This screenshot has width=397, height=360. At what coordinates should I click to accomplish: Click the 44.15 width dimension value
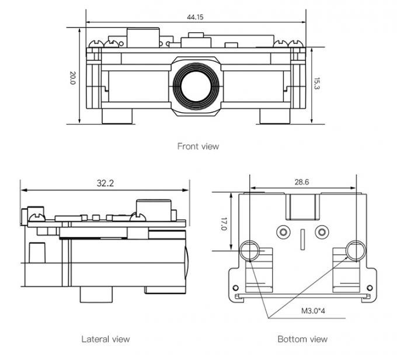coord(195,17)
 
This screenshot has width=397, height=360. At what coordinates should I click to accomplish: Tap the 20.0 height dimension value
coord(73,78)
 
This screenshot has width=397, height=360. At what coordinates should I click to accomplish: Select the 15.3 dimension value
coord(317,84)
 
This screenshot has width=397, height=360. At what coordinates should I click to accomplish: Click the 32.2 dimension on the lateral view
coord(105,183)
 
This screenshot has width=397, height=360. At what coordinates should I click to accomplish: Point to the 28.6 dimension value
coord(302,182)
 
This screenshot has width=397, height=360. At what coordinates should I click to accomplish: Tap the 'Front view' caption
coord(198,146)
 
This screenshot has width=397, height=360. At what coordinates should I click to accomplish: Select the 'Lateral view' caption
coord(105,339)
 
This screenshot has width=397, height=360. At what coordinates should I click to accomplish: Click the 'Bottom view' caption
coord(302,339)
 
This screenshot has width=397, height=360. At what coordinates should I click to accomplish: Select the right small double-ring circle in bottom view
coord(321,232)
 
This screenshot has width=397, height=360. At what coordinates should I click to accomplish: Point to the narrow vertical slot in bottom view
coord(302,238)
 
